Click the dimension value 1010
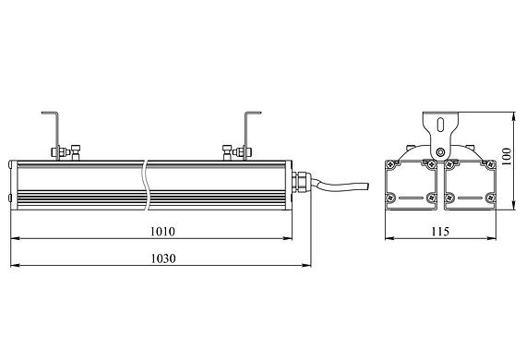pyautogui.click(x=162, y=232)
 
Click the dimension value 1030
pyautogui.click(x=163, y=258)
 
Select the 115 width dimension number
pyautogui.click(x=440, y=232)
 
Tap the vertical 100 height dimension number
pyautogui.click(x=507, y=156)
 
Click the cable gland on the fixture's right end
pyautogui.click(x=301, y=182)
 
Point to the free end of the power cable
pyautogui.click(x=368, y=186)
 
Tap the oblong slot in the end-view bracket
pyautogui.click(x=440, y=124)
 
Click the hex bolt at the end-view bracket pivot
pyautogui.click(x=440, y=152)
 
